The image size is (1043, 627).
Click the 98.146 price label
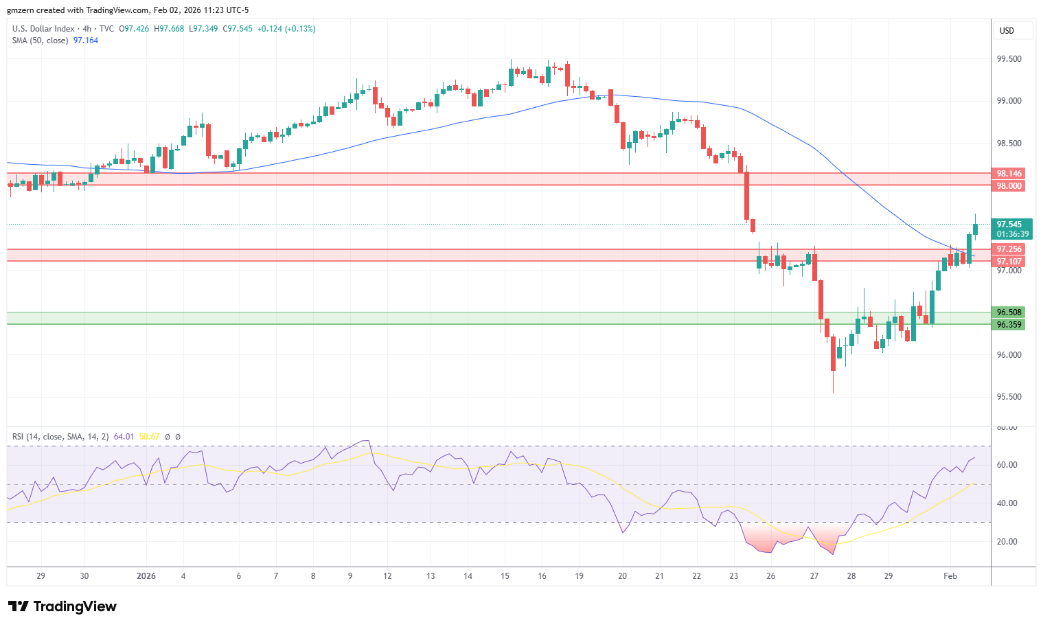tap(1009, 174)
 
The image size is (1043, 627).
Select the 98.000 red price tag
tap(1009, 186)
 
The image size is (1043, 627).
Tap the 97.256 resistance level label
tap(1009, 249)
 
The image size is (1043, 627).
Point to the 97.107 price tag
tap(1009, 262)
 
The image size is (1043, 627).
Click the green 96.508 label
tap(1009, 312)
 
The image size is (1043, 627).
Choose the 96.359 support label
tap(1009, 325)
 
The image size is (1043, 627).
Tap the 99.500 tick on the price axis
tap(1009, 59)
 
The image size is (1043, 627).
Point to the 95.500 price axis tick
tap(1009, 397)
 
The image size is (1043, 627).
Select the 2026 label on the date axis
tap(146, 576)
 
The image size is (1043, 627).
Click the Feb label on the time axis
tap(950, 576)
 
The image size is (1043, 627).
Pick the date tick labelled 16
tap(542, 576)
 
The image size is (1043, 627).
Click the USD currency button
tap(1007, 31)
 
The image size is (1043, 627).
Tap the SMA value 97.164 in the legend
tap(86, 41)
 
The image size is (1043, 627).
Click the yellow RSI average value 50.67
tap(149, 437)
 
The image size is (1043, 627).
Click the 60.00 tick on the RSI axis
tap(1007, 465)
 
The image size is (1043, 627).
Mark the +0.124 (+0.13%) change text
tap(286, 29)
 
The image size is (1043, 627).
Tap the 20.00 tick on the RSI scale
tap(1007, 542)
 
